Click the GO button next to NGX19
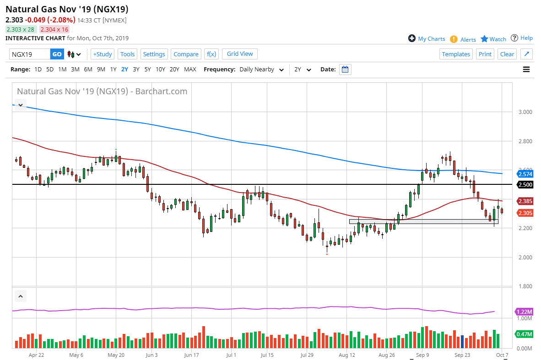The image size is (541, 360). coord(57,54)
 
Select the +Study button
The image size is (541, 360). coord(102,54)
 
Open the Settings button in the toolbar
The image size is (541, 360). coord(154,54)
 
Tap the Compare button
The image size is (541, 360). coord(186,54)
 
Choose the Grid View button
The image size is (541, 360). coord(240,54)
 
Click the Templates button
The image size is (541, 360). coord(456,54)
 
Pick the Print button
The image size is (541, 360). coord(485,54)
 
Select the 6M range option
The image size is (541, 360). coord(88,70)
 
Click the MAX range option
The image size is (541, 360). coord(190,70)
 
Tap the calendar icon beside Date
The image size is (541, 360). coord(345,70)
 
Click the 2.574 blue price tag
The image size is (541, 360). coord(525,174)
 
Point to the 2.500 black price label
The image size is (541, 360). coord(525,185)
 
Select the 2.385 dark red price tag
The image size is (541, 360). coord(525,201)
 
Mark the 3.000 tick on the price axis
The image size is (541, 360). coord(525,112)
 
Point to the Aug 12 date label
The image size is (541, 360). coord(347,355)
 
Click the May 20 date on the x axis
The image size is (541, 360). coord(116,355)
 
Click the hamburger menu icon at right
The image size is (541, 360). coord(526,70)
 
